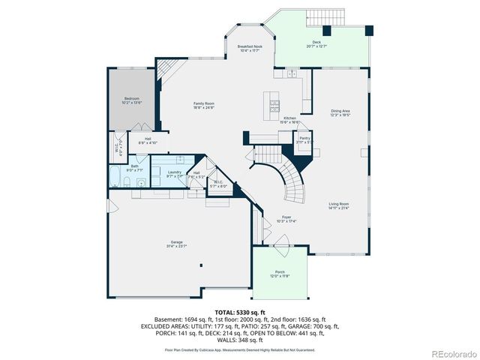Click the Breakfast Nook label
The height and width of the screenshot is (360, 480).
[250, 48]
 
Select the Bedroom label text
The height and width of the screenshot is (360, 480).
[133, 100]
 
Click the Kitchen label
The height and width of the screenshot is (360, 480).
[289, 119]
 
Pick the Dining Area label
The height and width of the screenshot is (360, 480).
[340, 112]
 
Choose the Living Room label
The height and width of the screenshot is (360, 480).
[338, 205]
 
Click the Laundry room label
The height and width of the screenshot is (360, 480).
[174, 173]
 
